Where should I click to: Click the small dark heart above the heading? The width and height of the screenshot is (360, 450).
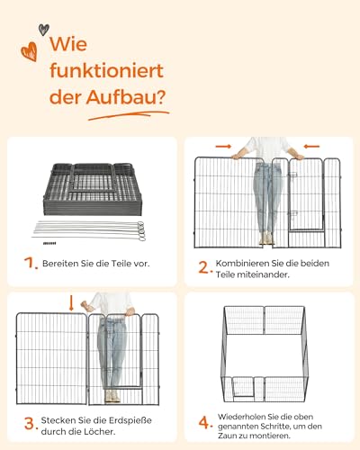coord(44,30)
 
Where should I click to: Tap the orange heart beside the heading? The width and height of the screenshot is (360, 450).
coord(30,51)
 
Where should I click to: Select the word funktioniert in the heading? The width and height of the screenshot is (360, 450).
coord(106,71)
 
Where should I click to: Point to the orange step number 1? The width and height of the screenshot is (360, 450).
coord(31,263)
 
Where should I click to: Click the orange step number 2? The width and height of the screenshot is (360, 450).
coord(205,267)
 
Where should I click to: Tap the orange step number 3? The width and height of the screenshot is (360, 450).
coord(31,424)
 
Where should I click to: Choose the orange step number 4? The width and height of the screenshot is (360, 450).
coord(205,423)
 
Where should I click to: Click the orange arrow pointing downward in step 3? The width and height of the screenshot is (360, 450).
coord(71,303)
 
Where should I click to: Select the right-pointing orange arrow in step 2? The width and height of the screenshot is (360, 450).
coord(223,147)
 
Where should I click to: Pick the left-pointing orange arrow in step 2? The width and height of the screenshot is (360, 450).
coord(311,147)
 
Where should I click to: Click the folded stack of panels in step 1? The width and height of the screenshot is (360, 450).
coord(93,189)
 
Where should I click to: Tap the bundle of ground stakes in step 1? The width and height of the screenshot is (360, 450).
coord(89,231)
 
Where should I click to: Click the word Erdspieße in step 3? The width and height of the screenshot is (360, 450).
coord(130,420)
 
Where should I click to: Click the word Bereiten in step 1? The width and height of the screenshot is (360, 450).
coord(59,264)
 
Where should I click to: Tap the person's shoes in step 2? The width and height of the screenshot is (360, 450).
coord(266,238)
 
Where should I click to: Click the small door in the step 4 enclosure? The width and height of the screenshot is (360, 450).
coord(243,388)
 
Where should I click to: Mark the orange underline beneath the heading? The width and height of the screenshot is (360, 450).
coord(129,115)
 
